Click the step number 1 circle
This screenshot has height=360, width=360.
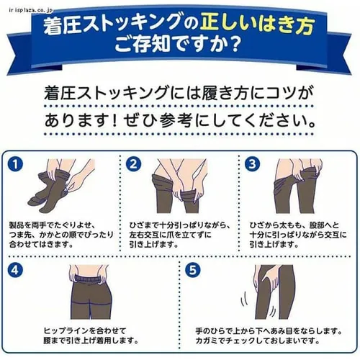15,164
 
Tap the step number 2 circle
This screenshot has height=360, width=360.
133,164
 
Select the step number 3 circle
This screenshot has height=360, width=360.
252,164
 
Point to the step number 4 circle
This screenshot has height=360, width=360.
15,270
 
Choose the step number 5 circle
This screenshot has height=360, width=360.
193,270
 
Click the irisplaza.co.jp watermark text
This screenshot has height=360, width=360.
30,10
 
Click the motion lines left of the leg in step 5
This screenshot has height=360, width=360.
244,299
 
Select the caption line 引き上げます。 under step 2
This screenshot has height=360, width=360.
154,244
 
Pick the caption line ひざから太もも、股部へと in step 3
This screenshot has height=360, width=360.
294,225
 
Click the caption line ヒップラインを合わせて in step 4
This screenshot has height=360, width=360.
85,330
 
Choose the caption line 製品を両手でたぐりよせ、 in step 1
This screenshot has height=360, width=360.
53,225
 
